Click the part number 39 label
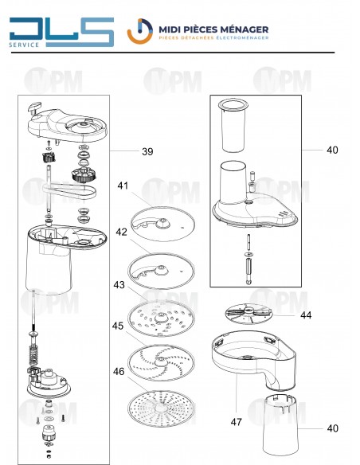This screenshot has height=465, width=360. click(147, 151)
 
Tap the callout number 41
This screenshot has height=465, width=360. click(123, 186)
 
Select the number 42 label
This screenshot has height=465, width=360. click(121, 232)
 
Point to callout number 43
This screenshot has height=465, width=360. click(119, 285)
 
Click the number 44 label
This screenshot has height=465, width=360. click(306, 315)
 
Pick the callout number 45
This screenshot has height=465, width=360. click(118, 326)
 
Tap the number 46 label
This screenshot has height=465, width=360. click(119, 371)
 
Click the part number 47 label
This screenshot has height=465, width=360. click(236, 422)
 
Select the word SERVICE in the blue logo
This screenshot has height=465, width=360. click(24, 45)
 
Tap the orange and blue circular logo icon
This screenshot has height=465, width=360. click(140, 31)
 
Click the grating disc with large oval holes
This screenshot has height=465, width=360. click(162, 318)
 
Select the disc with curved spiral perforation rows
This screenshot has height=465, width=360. click(162, 362)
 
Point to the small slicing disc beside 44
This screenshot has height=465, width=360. click(248, 314)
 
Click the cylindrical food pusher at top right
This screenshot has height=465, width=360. click(233, 126)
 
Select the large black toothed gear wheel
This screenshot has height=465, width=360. click(84, 174)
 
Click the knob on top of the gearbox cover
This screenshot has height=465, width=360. click(35, 107)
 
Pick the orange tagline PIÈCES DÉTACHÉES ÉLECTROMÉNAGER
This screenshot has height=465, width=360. click(213, 38)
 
